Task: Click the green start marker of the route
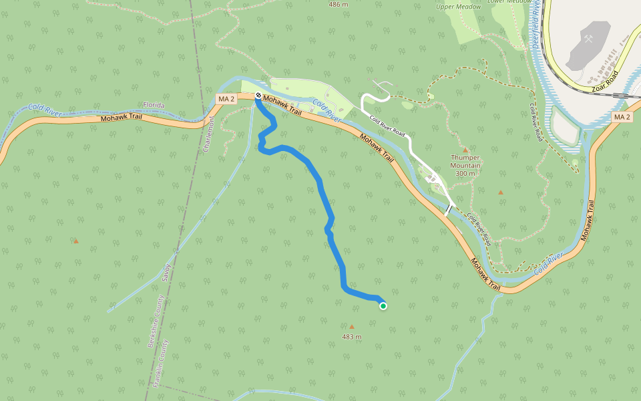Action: pyautogui.click(x=383, y=306)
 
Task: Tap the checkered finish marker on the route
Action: pyautogui.click(x=258, y=96)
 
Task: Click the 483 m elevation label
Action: pyautogui.click(x=352, y=337)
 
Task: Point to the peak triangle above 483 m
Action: pyautogui.click(x=352, y=327)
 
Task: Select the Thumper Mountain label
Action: pyautogui.click(x=465, y=162)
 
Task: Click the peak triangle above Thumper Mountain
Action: pyautogui.click(x=465, y=150)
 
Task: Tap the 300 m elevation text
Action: pyautogui.click(x=465, y=174)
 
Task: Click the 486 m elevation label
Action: pyautogui.click(x=339, y=4)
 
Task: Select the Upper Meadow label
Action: pyautogui.click(x=459, y=7)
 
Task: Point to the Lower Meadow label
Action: pyautogui.click(x=509, y=2)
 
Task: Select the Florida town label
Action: pyautogui.click(x=154, y=105)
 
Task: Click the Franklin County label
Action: pyautogui.click(x=161, y=364)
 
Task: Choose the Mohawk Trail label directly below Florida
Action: pyautogui.click(x=122, y=118)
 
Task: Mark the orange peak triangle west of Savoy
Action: pyautogui.click(x=76, y=241)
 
